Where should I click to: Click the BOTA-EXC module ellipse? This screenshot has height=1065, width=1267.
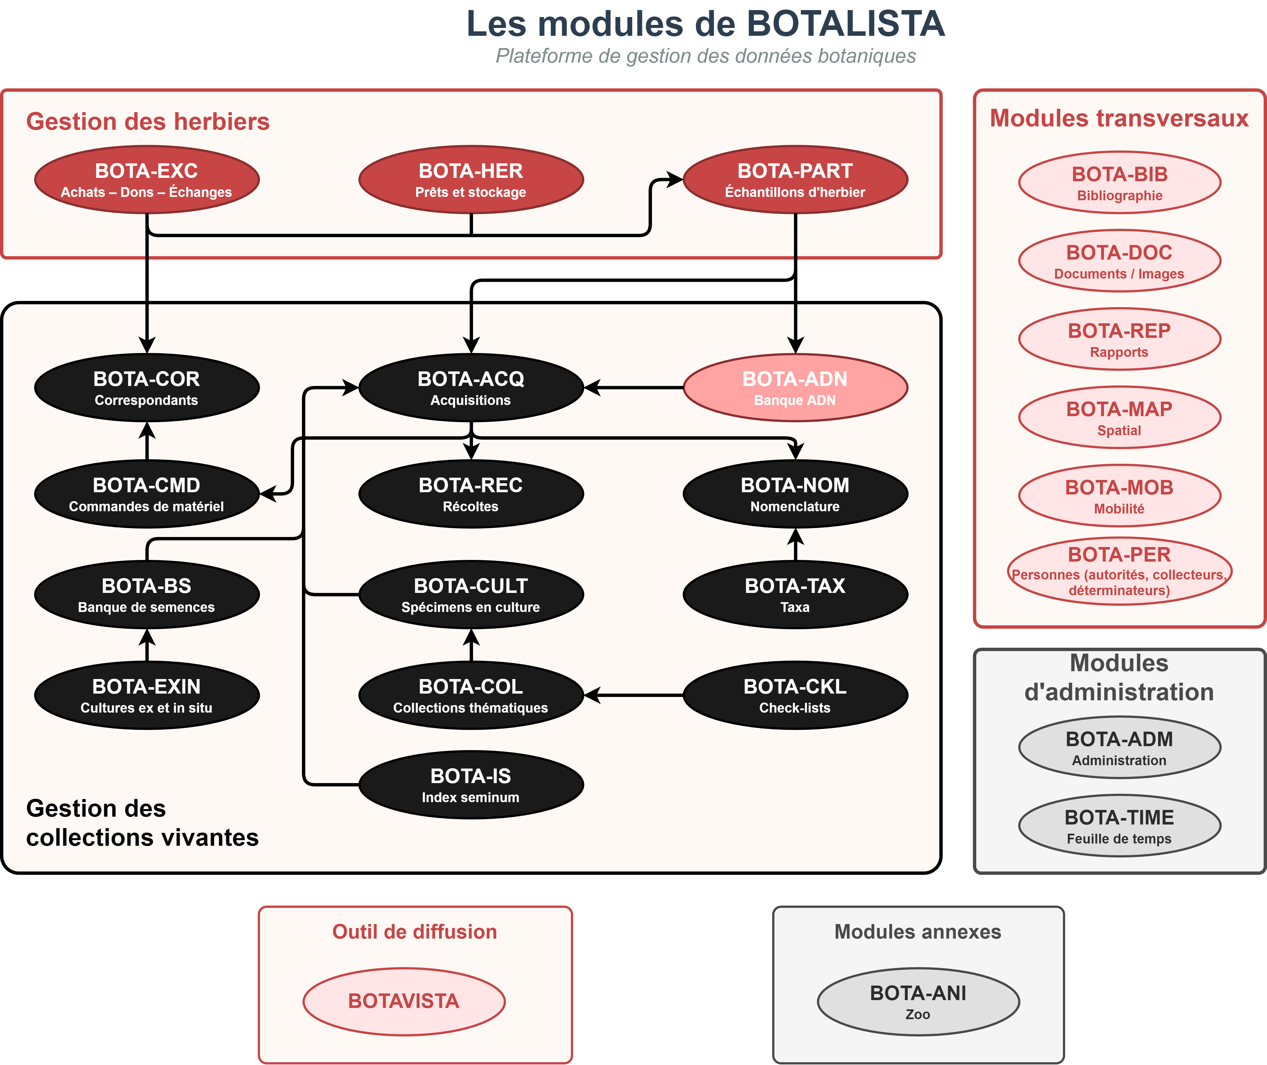click(147, 179)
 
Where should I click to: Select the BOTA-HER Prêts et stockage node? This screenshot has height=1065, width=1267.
click(471, 179)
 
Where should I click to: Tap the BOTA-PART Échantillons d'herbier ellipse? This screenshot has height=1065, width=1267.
click(795, 179)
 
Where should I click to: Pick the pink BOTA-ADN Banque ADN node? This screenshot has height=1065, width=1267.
click(795, 388)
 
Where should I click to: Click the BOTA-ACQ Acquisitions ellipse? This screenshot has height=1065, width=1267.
click(471, 388)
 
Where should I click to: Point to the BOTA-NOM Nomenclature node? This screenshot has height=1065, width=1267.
click(795, 494)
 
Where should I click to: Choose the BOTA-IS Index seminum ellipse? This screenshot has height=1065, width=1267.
click(471, 785)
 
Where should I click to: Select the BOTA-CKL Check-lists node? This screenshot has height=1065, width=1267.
click(795, 696)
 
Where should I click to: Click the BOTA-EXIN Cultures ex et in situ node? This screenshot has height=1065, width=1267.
click(147, 696)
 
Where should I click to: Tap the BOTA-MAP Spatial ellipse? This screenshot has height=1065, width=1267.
click(1119, 417)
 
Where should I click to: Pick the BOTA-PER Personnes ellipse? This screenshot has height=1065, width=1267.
click(1119, 571)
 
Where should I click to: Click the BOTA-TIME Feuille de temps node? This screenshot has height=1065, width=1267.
click(1119, 826)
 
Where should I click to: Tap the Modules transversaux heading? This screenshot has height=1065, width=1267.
click(1119, 118)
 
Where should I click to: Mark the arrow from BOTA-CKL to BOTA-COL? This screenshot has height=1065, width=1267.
click(634, 696)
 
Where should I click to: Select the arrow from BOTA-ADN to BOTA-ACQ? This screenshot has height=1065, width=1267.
click(634, 388)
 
